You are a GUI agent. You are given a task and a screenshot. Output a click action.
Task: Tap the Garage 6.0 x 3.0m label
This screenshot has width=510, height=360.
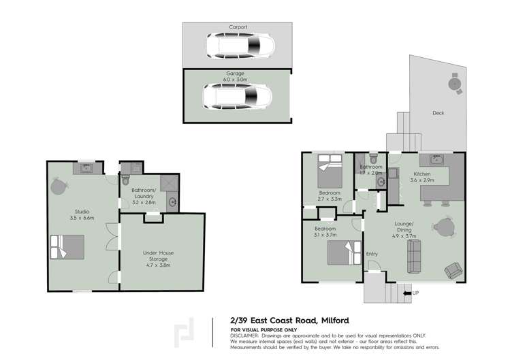[x=238, y=76]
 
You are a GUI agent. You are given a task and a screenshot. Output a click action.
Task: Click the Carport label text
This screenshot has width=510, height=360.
[x=238, y=27]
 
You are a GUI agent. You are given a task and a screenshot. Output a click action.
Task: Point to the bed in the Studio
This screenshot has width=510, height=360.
[x=67, y=246]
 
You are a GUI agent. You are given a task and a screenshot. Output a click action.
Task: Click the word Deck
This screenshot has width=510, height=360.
[x=438, y=113]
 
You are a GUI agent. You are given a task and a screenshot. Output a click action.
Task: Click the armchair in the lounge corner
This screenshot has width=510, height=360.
[x=453, y=270]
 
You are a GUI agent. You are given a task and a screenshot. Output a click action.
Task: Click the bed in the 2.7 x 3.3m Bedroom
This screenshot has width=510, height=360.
[x=330, y=172]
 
